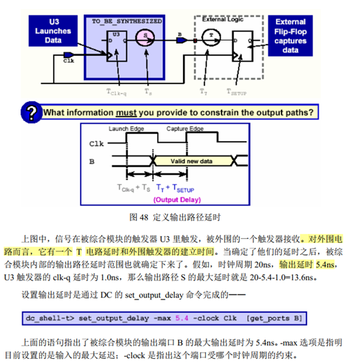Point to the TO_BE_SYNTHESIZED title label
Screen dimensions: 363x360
(127, 21)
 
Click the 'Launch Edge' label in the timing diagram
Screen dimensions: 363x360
(125, 129)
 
